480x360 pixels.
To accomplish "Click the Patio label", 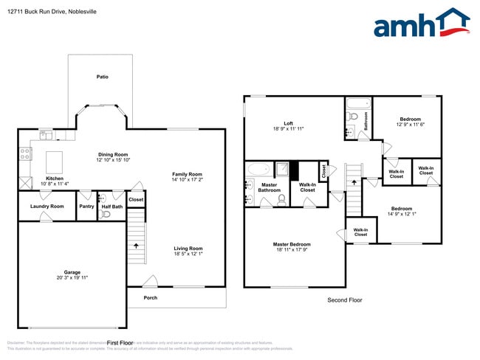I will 103,76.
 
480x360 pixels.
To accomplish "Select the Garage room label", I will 72,272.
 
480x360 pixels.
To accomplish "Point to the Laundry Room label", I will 47,207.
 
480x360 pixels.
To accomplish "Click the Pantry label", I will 86,207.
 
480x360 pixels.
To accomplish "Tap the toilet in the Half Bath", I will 106,215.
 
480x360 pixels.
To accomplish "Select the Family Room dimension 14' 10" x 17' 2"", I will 187,179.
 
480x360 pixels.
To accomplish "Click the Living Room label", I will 188,249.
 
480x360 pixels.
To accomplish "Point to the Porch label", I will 151,298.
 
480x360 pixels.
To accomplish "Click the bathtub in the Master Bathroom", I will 259,169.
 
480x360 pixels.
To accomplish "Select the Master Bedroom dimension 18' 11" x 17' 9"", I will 291,250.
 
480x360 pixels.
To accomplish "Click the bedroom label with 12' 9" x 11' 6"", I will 410,120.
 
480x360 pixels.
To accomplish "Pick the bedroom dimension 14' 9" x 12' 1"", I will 402,214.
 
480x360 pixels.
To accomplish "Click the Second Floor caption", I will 345,300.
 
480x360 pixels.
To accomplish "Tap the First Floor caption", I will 120,343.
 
